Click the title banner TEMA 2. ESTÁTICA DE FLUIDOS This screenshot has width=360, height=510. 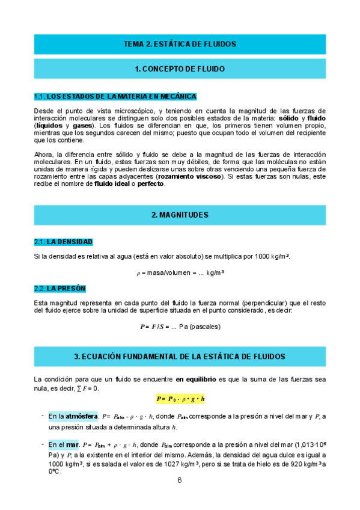point(180,44)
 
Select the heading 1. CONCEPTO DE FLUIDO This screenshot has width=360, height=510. point(180,69)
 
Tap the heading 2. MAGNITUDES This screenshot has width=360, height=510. point(180,215)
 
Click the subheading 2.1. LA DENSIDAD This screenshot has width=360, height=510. point(63,242)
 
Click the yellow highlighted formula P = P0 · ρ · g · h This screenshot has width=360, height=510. point(180,399)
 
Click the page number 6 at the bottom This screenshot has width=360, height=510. point(180,481)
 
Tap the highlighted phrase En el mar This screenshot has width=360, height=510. point(64,445)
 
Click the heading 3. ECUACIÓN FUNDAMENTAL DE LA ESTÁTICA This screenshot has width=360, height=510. point(180,357)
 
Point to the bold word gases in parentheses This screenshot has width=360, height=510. point(82,126)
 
